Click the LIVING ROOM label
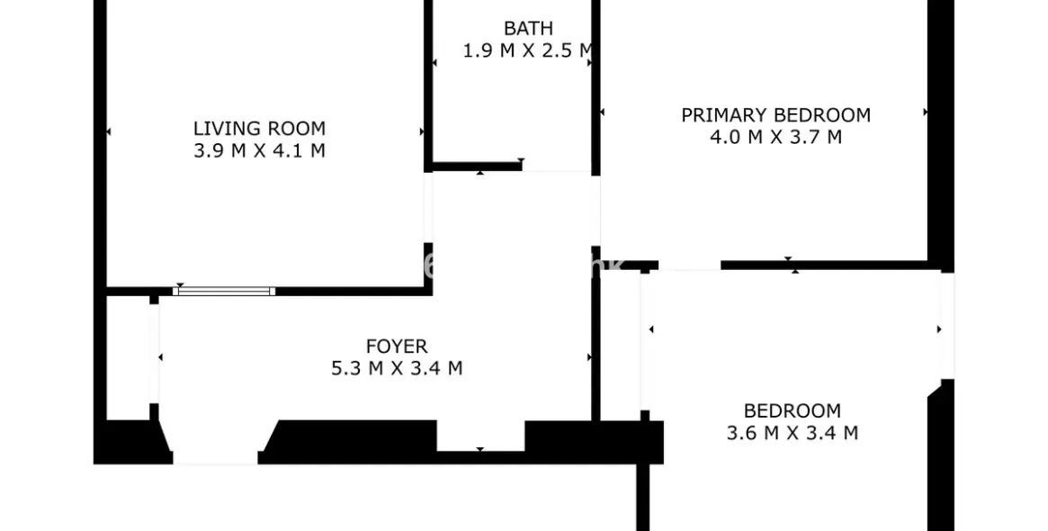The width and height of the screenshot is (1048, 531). point(259,129)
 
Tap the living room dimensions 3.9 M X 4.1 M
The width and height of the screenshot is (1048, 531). point(259,151)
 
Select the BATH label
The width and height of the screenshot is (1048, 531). point(528,29)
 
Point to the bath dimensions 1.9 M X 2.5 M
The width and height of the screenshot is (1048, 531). point(528,51)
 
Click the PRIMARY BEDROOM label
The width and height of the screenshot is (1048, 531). point(775,115)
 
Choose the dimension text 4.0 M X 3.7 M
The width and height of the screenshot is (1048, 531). point(775,138)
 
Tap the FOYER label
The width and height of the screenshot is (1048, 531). point(397,346)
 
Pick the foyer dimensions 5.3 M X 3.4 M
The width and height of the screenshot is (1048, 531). point(397,368)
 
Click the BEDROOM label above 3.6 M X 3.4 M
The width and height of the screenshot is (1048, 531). point(793,411)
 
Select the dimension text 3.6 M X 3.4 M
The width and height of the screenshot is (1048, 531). point(793,433)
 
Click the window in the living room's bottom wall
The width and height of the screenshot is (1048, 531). point(224,291)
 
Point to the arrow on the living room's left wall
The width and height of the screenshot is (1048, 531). point(109,132)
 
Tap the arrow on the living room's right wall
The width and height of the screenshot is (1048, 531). point(422,132)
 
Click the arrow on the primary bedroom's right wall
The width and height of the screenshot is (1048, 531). point(926,112)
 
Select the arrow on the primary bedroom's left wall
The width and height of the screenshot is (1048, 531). point(602,112)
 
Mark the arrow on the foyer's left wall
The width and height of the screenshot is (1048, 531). point(160,357)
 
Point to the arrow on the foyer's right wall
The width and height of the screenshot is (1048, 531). point(589,357)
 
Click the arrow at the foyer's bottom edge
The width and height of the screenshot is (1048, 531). point(480,449)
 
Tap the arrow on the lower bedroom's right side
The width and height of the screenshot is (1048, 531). point(939,329)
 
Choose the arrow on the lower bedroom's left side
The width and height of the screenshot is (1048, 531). point(650,329)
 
